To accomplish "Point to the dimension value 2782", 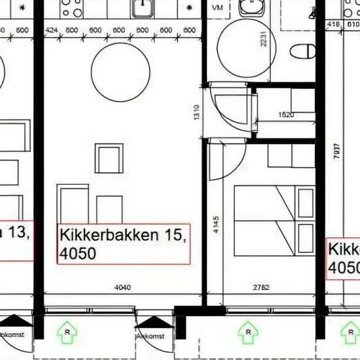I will [261, 287].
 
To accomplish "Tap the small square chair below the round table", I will [109, 158].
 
